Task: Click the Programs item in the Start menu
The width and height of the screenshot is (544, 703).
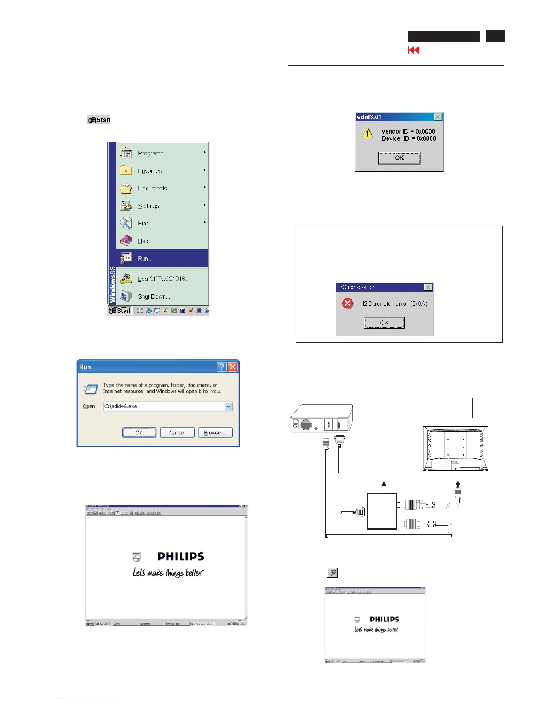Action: click(151, 153)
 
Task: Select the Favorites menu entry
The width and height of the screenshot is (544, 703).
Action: click(150, 171)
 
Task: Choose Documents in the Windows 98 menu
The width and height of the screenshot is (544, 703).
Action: click(152, 188)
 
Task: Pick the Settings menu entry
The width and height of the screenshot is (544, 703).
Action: click(148, 206)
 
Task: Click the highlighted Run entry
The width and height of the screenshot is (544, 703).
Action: click(145, 258)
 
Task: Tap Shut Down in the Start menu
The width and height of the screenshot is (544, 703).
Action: click(154, 296)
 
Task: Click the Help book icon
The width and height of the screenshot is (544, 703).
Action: click(126, 241)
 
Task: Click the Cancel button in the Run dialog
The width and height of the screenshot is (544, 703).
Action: click(177, 433)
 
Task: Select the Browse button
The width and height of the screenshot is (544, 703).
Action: click(215, 433)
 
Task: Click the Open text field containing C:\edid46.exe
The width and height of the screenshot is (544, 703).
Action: click(164, 407)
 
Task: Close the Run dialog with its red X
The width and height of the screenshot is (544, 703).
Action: click(232, 367)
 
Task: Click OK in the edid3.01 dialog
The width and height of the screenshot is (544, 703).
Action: click(399, 158)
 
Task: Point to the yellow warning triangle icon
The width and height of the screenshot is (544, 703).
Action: click(368, 133)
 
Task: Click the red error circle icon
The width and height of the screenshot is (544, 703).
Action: click(348, 304)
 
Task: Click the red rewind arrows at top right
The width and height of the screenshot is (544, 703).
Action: click(414, 50)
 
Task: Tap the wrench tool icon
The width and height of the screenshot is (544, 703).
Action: click(332, 573)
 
